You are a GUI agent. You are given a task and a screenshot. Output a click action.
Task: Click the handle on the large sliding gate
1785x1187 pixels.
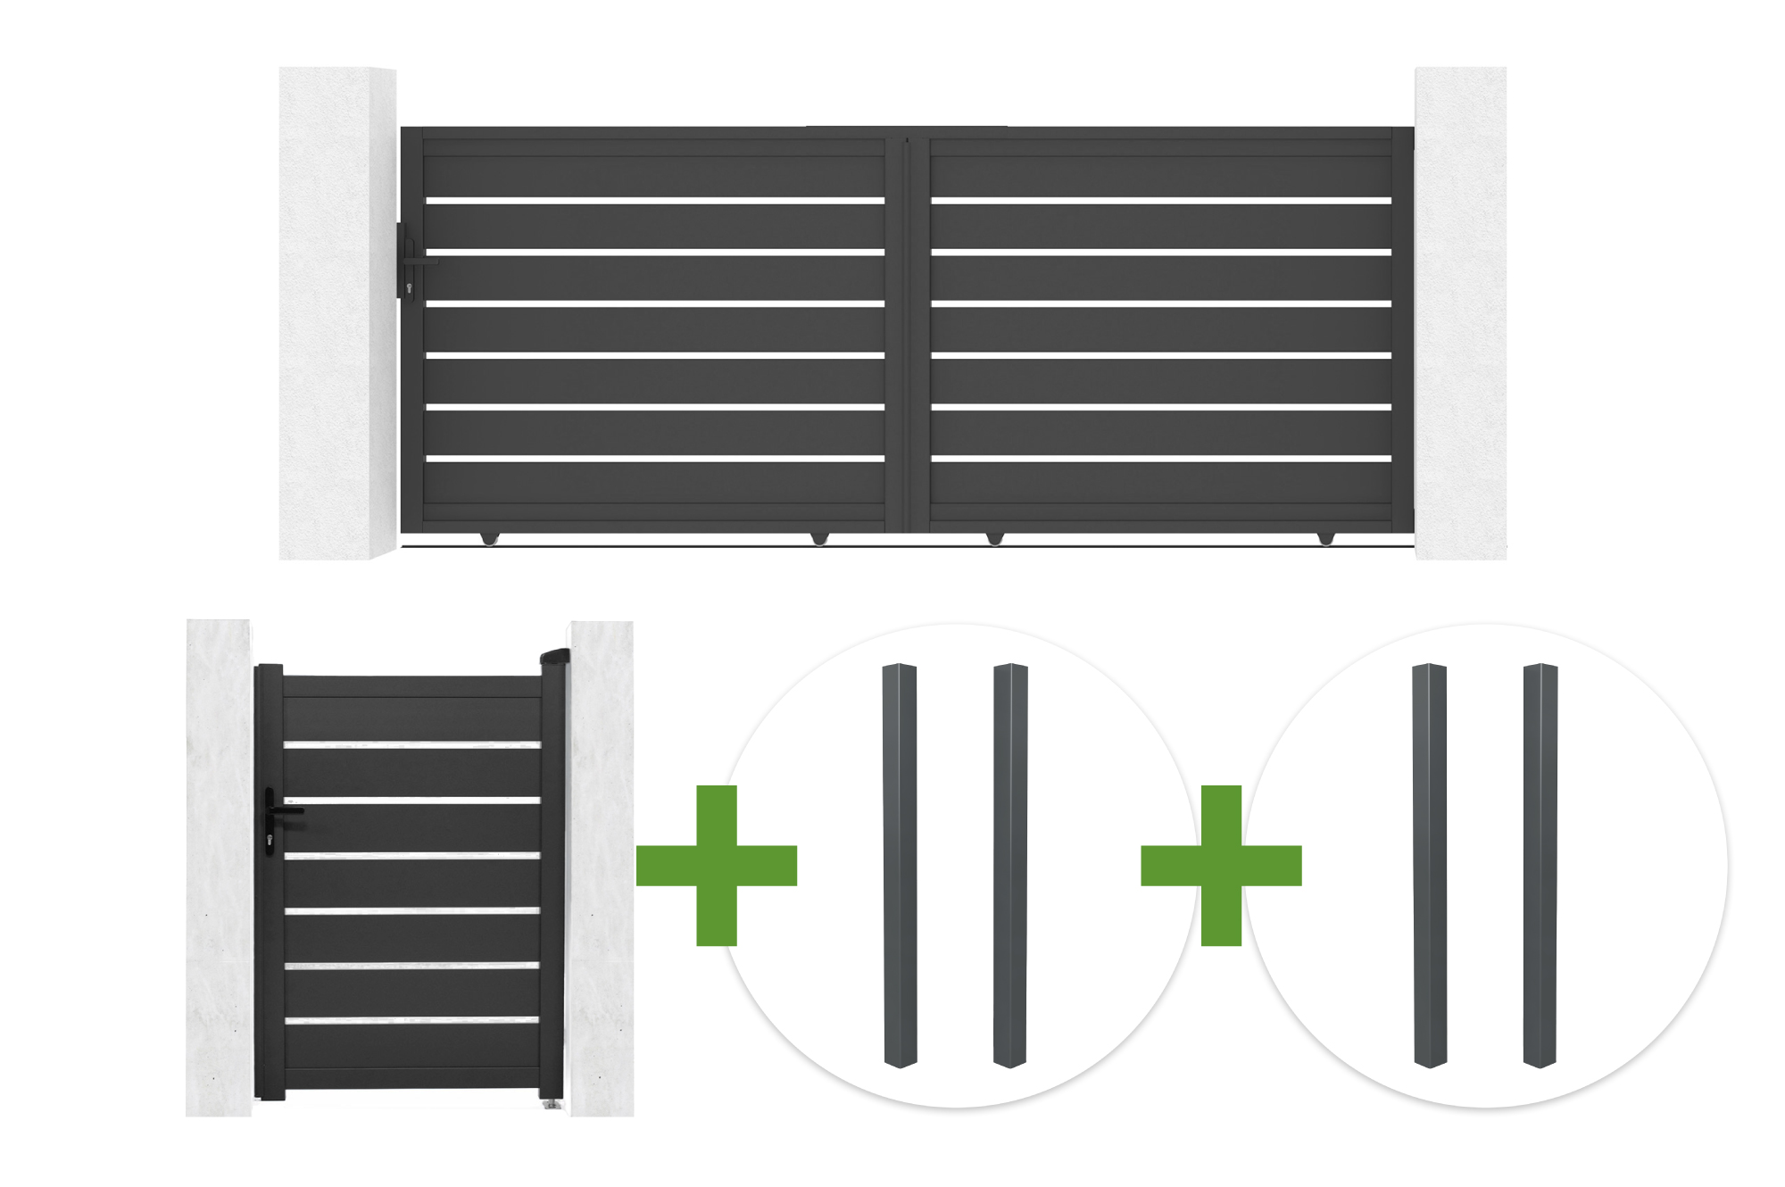pos(419,261)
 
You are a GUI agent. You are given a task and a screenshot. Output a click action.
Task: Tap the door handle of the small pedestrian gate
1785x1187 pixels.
pos(287,811)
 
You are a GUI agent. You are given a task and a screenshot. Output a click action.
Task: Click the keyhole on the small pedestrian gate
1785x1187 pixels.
pos(270,840)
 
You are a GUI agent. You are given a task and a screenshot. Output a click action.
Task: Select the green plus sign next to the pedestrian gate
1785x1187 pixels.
pos(717,865)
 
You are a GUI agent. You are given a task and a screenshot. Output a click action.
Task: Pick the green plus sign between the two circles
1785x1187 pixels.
pos(1221,865)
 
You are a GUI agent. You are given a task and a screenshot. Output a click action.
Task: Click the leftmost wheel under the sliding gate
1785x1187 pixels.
pos(489,538)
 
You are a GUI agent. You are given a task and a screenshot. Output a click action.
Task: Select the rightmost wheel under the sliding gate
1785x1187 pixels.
pos(1326,538)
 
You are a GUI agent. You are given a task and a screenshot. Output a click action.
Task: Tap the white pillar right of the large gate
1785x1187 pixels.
pos(1460,312)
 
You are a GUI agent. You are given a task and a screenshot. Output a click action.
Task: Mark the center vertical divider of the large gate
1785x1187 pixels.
pos(908,330)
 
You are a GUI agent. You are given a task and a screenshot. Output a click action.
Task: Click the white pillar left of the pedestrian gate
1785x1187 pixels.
pos(220,866)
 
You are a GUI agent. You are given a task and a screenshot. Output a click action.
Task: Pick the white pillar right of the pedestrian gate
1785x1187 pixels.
pos(602,866)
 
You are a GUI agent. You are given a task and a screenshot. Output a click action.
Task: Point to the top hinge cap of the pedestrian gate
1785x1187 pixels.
pos(555,657)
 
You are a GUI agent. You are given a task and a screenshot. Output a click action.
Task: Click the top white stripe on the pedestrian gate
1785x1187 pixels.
pos(412,744)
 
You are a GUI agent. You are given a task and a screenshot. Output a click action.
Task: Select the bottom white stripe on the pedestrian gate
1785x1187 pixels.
pos(412,1019)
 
